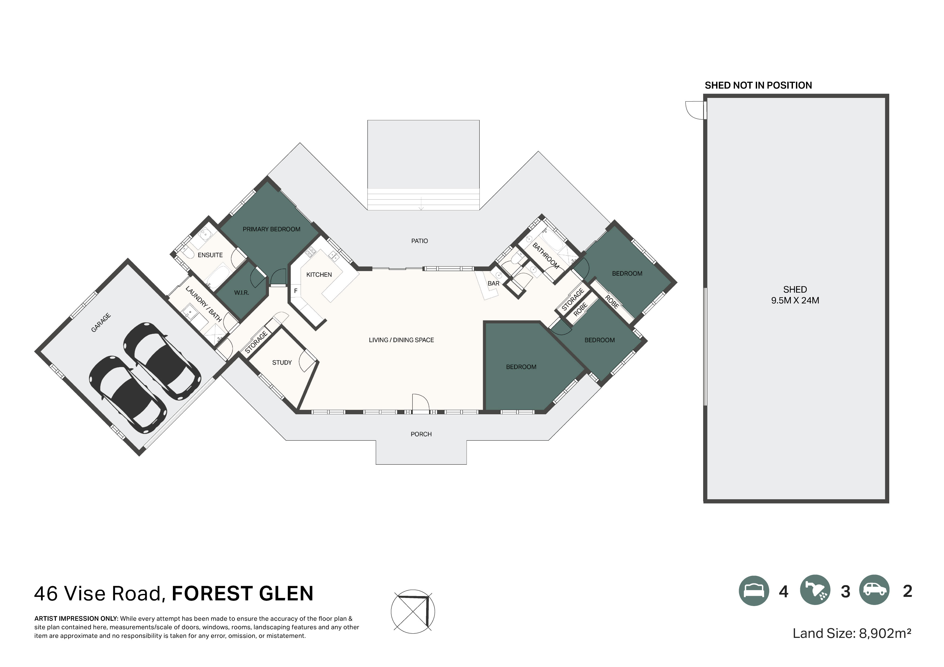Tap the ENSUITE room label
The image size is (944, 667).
tap(210, 255)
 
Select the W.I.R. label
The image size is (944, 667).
tap(241, 293)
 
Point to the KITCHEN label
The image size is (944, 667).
tap(319, 275)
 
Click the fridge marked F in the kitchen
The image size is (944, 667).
tap(296, 291)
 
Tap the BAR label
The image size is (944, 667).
tap(493, 283)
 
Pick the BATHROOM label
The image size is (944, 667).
tap(546, 256)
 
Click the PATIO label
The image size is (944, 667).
tap(420, 241)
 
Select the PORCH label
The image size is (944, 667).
tap(421, 434)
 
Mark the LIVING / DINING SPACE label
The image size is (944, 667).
tap(401, 340)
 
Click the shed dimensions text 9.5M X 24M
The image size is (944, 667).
tap(795, 301)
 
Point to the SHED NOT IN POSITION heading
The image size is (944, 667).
tap(758, 85)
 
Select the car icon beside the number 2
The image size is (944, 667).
tap(874, 590)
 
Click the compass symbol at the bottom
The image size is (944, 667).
tap(412, 611)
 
